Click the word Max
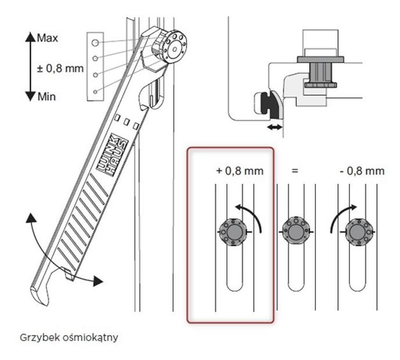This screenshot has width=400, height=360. (48, 38)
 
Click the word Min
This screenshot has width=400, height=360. (46, 97)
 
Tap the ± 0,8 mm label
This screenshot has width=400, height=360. (60, 69)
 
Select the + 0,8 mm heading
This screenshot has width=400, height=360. (240, 171)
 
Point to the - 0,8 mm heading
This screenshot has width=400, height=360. (362, 171)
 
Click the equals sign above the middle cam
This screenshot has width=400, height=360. (295, 171)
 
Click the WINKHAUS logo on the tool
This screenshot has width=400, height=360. (111, 155)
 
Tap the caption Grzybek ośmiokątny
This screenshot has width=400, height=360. (69, 337)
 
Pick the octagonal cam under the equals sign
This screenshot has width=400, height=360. (296, 232)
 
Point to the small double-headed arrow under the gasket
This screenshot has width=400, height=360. (275, 127)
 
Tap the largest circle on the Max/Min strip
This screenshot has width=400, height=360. (95, 42)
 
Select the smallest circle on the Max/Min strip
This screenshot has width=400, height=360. (95, 92)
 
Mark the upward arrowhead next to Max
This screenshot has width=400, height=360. (30, 37)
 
